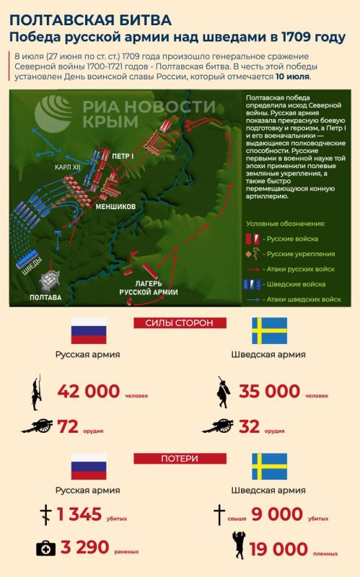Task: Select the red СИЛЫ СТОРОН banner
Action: pyautogui.click(x=180, y=322)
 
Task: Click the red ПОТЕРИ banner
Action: pyautogui.click(x=179, y=458)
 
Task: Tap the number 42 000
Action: pyautogui.click(x=88, y=392)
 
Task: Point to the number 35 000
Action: pyautogui.click(x=269, y=392)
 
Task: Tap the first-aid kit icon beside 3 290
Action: pyautogui.click(x=47, y=549)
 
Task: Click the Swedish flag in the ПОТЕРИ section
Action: pyautogui.click(x=269, y=467)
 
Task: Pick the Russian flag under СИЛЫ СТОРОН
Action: pyautogui.click(x=89, y=331)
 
